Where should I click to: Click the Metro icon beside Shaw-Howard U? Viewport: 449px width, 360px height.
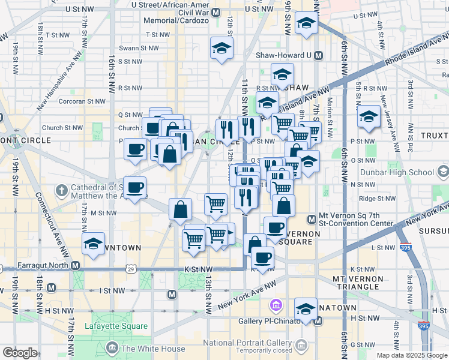(318, 55)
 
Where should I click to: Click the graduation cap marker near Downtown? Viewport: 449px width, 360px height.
(92, 245)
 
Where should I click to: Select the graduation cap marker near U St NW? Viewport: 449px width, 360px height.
(306, 25)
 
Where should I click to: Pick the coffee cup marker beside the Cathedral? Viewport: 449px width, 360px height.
(136, 188)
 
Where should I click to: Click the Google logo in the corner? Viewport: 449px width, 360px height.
(20, 353)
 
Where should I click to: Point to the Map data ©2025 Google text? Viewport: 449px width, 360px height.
(411, 355)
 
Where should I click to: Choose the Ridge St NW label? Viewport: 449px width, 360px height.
(375, 199)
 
